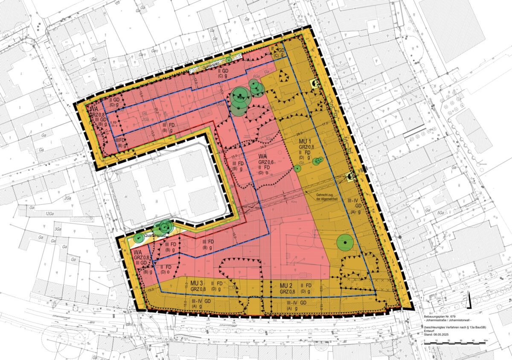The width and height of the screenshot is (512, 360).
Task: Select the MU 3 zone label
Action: coord(196,283)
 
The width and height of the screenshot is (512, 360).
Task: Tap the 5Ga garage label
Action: coord(441,212)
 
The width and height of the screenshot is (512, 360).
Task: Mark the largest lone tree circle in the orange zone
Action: coord(344,242)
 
